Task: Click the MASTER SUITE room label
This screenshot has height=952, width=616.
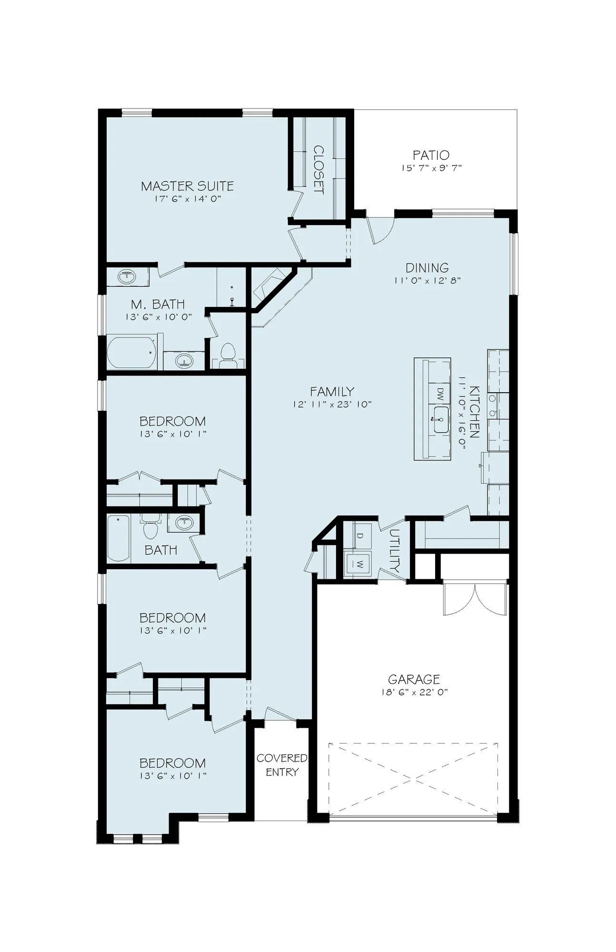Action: point(187,186)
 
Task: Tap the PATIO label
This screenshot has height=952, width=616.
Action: point(431,155)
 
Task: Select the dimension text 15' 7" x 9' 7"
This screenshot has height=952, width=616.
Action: point(431,168)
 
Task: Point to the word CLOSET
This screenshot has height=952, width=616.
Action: point(318,170)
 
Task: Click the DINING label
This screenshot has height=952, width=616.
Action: point(427,268)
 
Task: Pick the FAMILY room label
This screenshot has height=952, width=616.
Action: point(332,391)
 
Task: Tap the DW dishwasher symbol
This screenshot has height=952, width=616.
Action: point(440,393)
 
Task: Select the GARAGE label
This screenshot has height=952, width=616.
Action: point(414,679)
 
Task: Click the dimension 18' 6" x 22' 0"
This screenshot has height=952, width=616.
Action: point(414,692)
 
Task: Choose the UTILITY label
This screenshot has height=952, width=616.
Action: point(395,551)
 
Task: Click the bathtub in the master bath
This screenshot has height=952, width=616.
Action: point(131,352)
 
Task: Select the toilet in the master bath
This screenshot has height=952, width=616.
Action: point(228,355)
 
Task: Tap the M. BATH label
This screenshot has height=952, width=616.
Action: point(158,304)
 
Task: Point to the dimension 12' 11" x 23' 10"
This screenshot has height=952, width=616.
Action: point(332,405)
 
